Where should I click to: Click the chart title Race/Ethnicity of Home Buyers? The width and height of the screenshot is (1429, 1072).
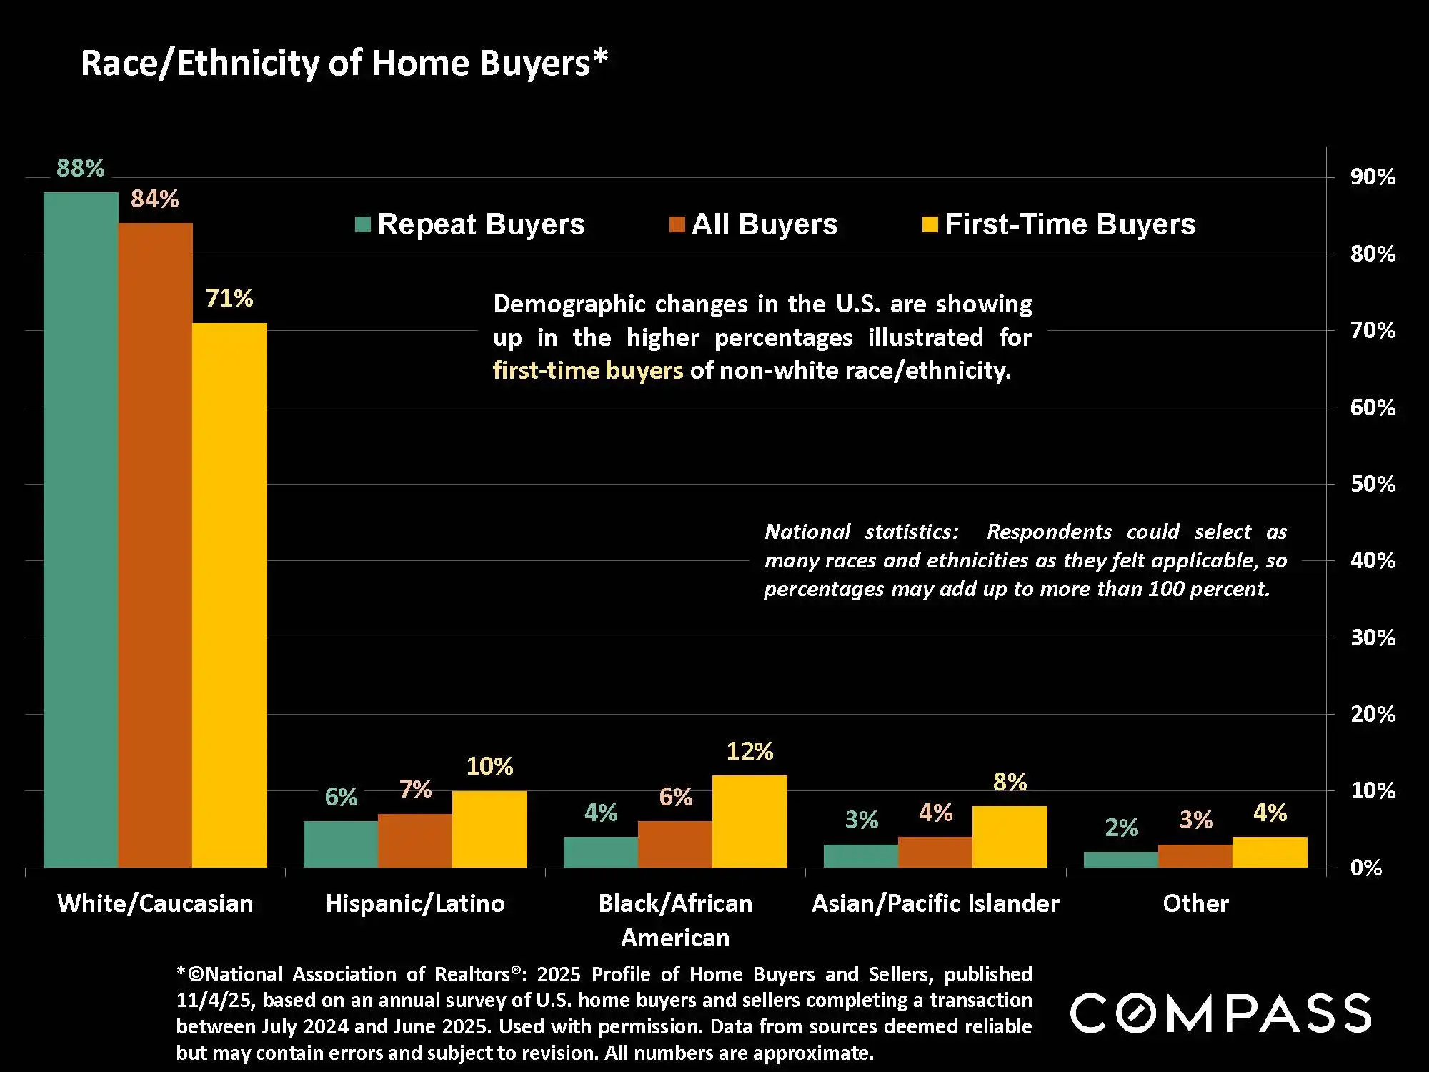point(344,63)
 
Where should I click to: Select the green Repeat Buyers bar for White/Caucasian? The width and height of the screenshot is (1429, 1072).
point(81,529)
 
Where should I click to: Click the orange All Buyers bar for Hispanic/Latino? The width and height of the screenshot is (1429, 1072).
point(415,840)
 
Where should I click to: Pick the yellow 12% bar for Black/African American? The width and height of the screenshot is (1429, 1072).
point(750,821)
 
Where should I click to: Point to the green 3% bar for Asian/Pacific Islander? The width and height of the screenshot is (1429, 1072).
point(861,855)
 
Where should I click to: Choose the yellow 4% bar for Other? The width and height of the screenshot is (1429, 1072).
point(1270,852)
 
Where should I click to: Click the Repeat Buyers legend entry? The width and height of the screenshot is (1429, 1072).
point(470,224)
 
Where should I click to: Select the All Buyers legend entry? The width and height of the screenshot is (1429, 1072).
point(754,224)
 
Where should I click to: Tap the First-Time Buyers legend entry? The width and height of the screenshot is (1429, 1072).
point(1059,224)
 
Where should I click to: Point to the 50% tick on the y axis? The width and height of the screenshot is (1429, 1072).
point(1373,484)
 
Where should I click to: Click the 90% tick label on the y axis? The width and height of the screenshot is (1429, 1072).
point(1373,177)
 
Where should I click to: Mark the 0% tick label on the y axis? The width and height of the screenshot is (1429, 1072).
point(1365,868)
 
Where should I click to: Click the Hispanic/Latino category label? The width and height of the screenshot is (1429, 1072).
point(415,903)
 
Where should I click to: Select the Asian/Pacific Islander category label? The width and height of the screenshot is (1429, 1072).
point(935,903)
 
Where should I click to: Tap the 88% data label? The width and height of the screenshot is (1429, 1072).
point(80,169)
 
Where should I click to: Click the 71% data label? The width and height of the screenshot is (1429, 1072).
point(229,298)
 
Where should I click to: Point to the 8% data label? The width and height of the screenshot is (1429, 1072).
point(1010,782)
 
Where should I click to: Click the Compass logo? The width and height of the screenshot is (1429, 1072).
point(1220,1013)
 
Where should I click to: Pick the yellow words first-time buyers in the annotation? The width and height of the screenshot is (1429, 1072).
point(588,371)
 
